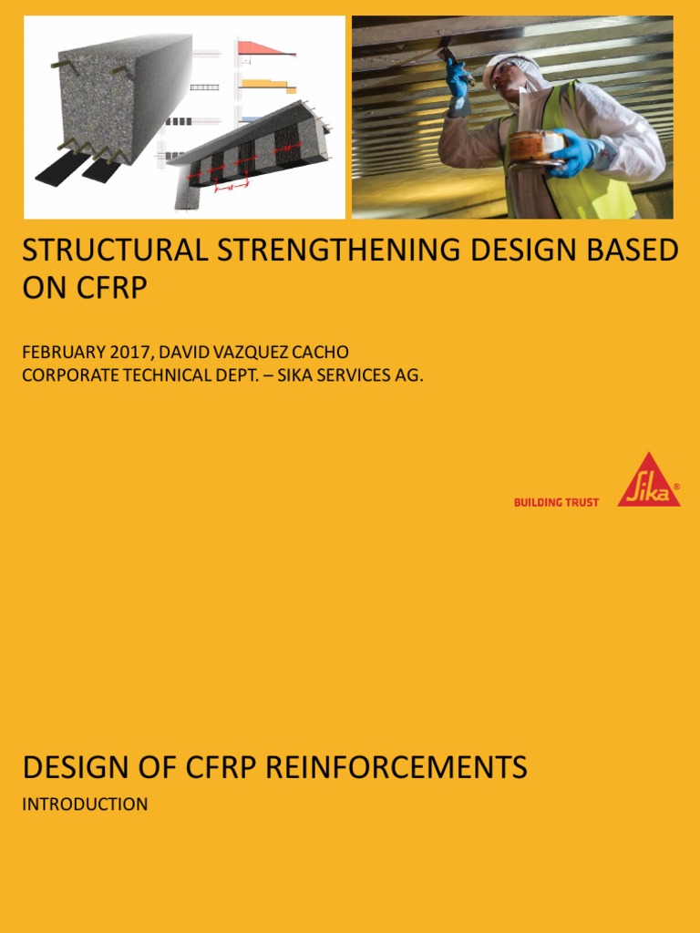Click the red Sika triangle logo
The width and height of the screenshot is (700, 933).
(x=648, y=481)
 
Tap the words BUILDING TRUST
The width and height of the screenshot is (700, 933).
(x=556, y=502)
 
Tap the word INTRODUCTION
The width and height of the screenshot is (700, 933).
(x=85, y=805)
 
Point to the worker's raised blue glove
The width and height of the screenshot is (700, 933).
(x=456, y=77)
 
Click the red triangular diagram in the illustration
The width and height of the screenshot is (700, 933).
(x=270, y=47)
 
